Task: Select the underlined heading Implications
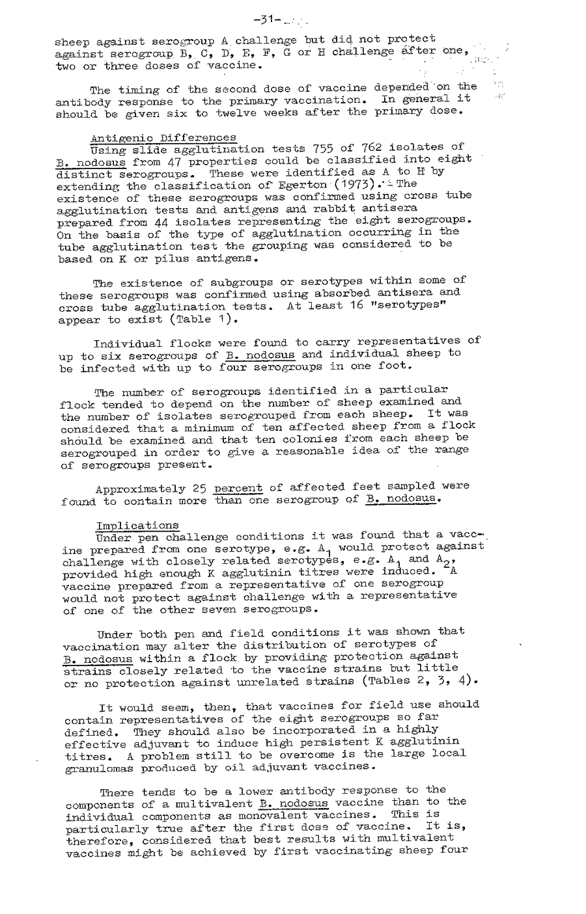[137, 525]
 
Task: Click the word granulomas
[100, 767]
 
